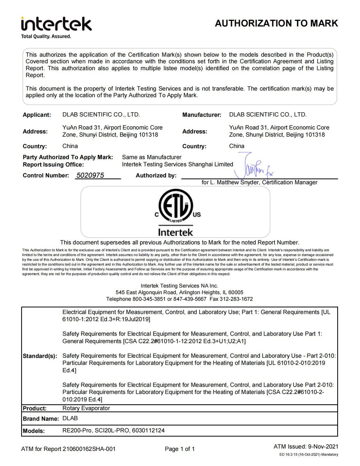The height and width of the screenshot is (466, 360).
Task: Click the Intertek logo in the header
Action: point(56,24)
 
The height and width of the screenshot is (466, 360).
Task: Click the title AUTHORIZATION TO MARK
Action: point(276,23)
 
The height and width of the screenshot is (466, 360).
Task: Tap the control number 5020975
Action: point(90,175)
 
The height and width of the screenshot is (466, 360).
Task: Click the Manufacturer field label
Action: point(202,115)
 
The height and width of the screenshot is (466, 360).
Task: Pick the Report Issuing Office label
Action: point(53,165)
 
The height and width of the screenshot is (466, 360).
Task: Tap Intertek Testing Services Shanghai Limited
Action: point(177,165)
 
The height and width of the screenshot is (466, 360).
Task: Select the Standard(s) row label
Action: point(40,356)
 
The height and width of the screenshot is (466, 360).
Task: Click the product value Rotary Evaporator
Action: point(86,408)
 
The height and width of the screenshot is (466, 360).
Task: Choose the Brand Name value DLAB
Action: point(70,418)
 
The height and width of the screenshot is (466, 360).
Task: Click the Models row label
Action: point(34,431)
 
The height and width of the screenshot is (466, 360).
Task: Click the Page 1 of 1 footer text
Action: point(180,449)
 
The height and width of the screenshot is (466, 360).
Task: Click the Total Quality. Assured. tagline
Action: point(46,36)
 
